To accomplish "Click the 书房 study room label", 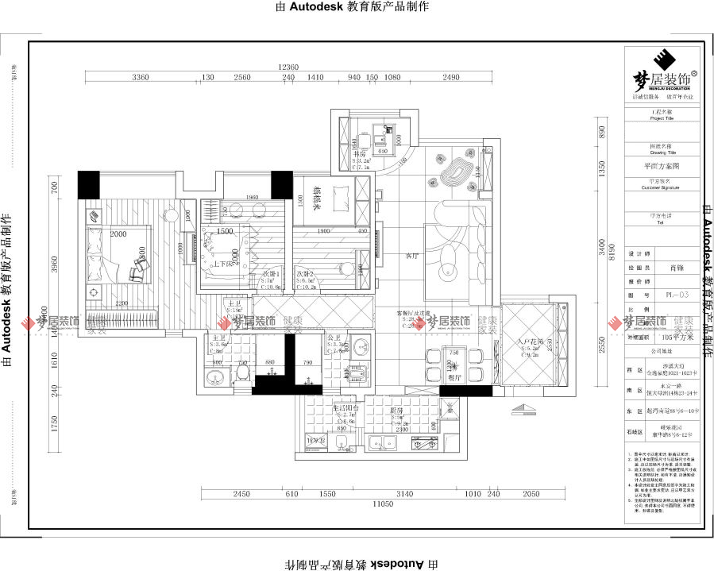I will [360, 154].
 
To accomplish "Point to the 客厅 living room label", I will [411, 257].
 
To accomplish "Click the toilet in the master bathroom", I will [243, 372].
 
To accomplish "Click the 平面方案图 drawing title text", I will [662, 168].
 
